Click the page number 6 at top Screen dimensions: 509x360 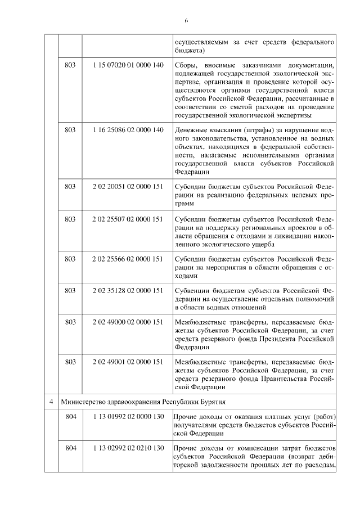(186, 21)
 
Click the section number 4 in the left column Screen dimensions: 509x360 (51, 402)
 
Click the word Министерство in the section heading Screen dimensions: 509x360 (82, 402)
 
